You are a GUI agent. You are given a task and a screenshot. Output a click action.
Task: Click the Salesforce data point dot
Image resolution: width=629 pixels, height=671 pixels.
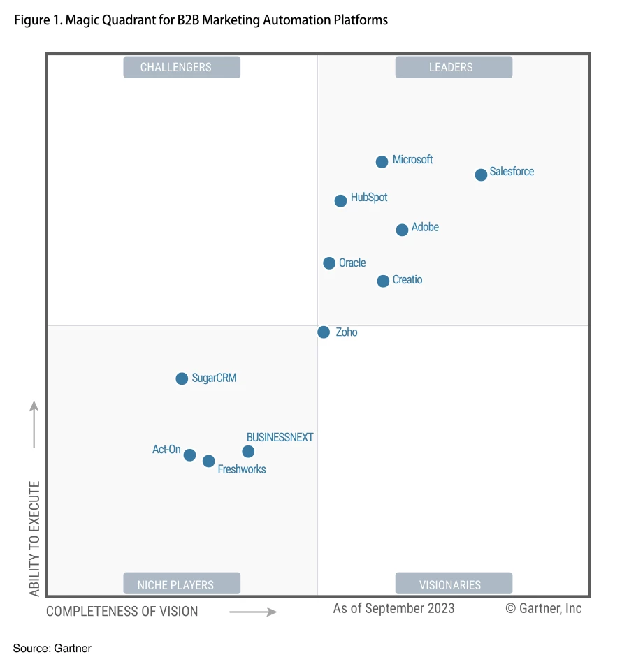click(481, 175)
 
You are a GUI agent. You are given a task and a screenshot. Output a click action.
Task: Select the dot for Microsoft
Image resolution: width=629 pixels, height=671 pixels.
click(382, 162)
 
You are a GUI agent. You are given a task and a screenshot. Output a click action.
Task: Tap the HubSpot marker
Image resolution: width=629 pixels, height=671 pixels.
click(340, 201)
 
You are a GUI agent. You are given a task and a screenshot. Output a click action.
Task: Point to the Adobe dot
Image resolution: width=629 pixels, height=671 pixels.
click(402, 230)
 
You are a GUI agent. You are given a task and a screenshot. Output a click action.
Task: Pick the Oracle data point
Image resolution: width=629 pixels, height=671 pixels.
click(329, 263)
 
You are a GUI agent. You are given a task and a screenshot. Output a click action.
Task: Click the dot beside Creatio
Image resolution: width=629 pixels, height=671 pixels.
click(383, 281)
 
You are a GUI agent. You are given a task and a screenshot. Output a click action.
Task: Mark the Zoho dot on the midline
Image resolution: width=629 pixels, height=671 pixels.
click(324, 332)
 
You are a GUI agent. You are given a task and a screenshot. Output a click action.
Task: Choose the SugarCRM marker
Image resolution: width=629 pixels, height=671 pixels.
click(182, 378)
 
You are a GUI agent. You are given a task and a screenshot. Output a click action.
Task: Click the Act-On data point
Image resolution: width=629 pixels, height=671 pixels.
click(189, 455)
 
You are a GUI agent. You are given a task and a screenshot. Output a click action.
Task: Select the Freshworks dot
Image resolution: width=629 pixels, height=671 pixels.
click(208, 461)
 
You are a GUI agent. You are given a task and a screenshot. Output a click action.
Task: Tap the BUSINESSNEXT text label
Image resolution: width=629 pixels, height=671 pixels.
click(280, 437)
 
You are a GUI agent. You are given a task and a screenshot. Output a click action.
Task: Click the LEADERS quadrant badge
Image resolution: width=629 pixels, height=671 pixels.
click(454, 67)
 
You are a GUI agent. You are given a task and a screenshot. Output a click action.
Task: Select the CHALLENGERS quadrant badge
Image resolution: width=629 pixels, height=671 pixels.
click(182, 67)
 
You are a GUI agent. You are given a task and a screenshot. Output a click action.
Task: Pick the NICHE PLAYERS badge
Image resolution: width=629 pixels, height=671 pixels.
click(182, 584)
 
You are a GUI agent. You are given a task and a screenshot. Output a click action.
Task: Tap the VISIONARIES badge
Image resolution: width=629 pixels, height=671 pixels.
click(454, 584)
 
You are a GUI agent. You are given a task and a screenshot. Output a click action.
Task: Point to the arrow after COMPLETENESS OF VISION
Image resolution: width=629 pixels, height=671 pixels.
click(253, 612)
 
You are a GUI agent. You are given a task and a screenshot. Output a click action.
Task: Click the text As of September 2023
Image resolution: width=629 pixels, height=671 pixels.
click(393, 608)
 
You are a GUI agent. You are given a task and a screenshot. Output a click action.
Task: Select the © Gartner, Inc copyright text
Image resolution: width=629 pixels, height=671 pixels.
click(543, 608)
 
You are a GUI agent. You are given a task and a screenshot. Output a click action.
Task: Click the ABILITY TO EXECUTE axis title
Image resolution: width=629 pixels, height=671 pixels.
click(34, 538)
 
